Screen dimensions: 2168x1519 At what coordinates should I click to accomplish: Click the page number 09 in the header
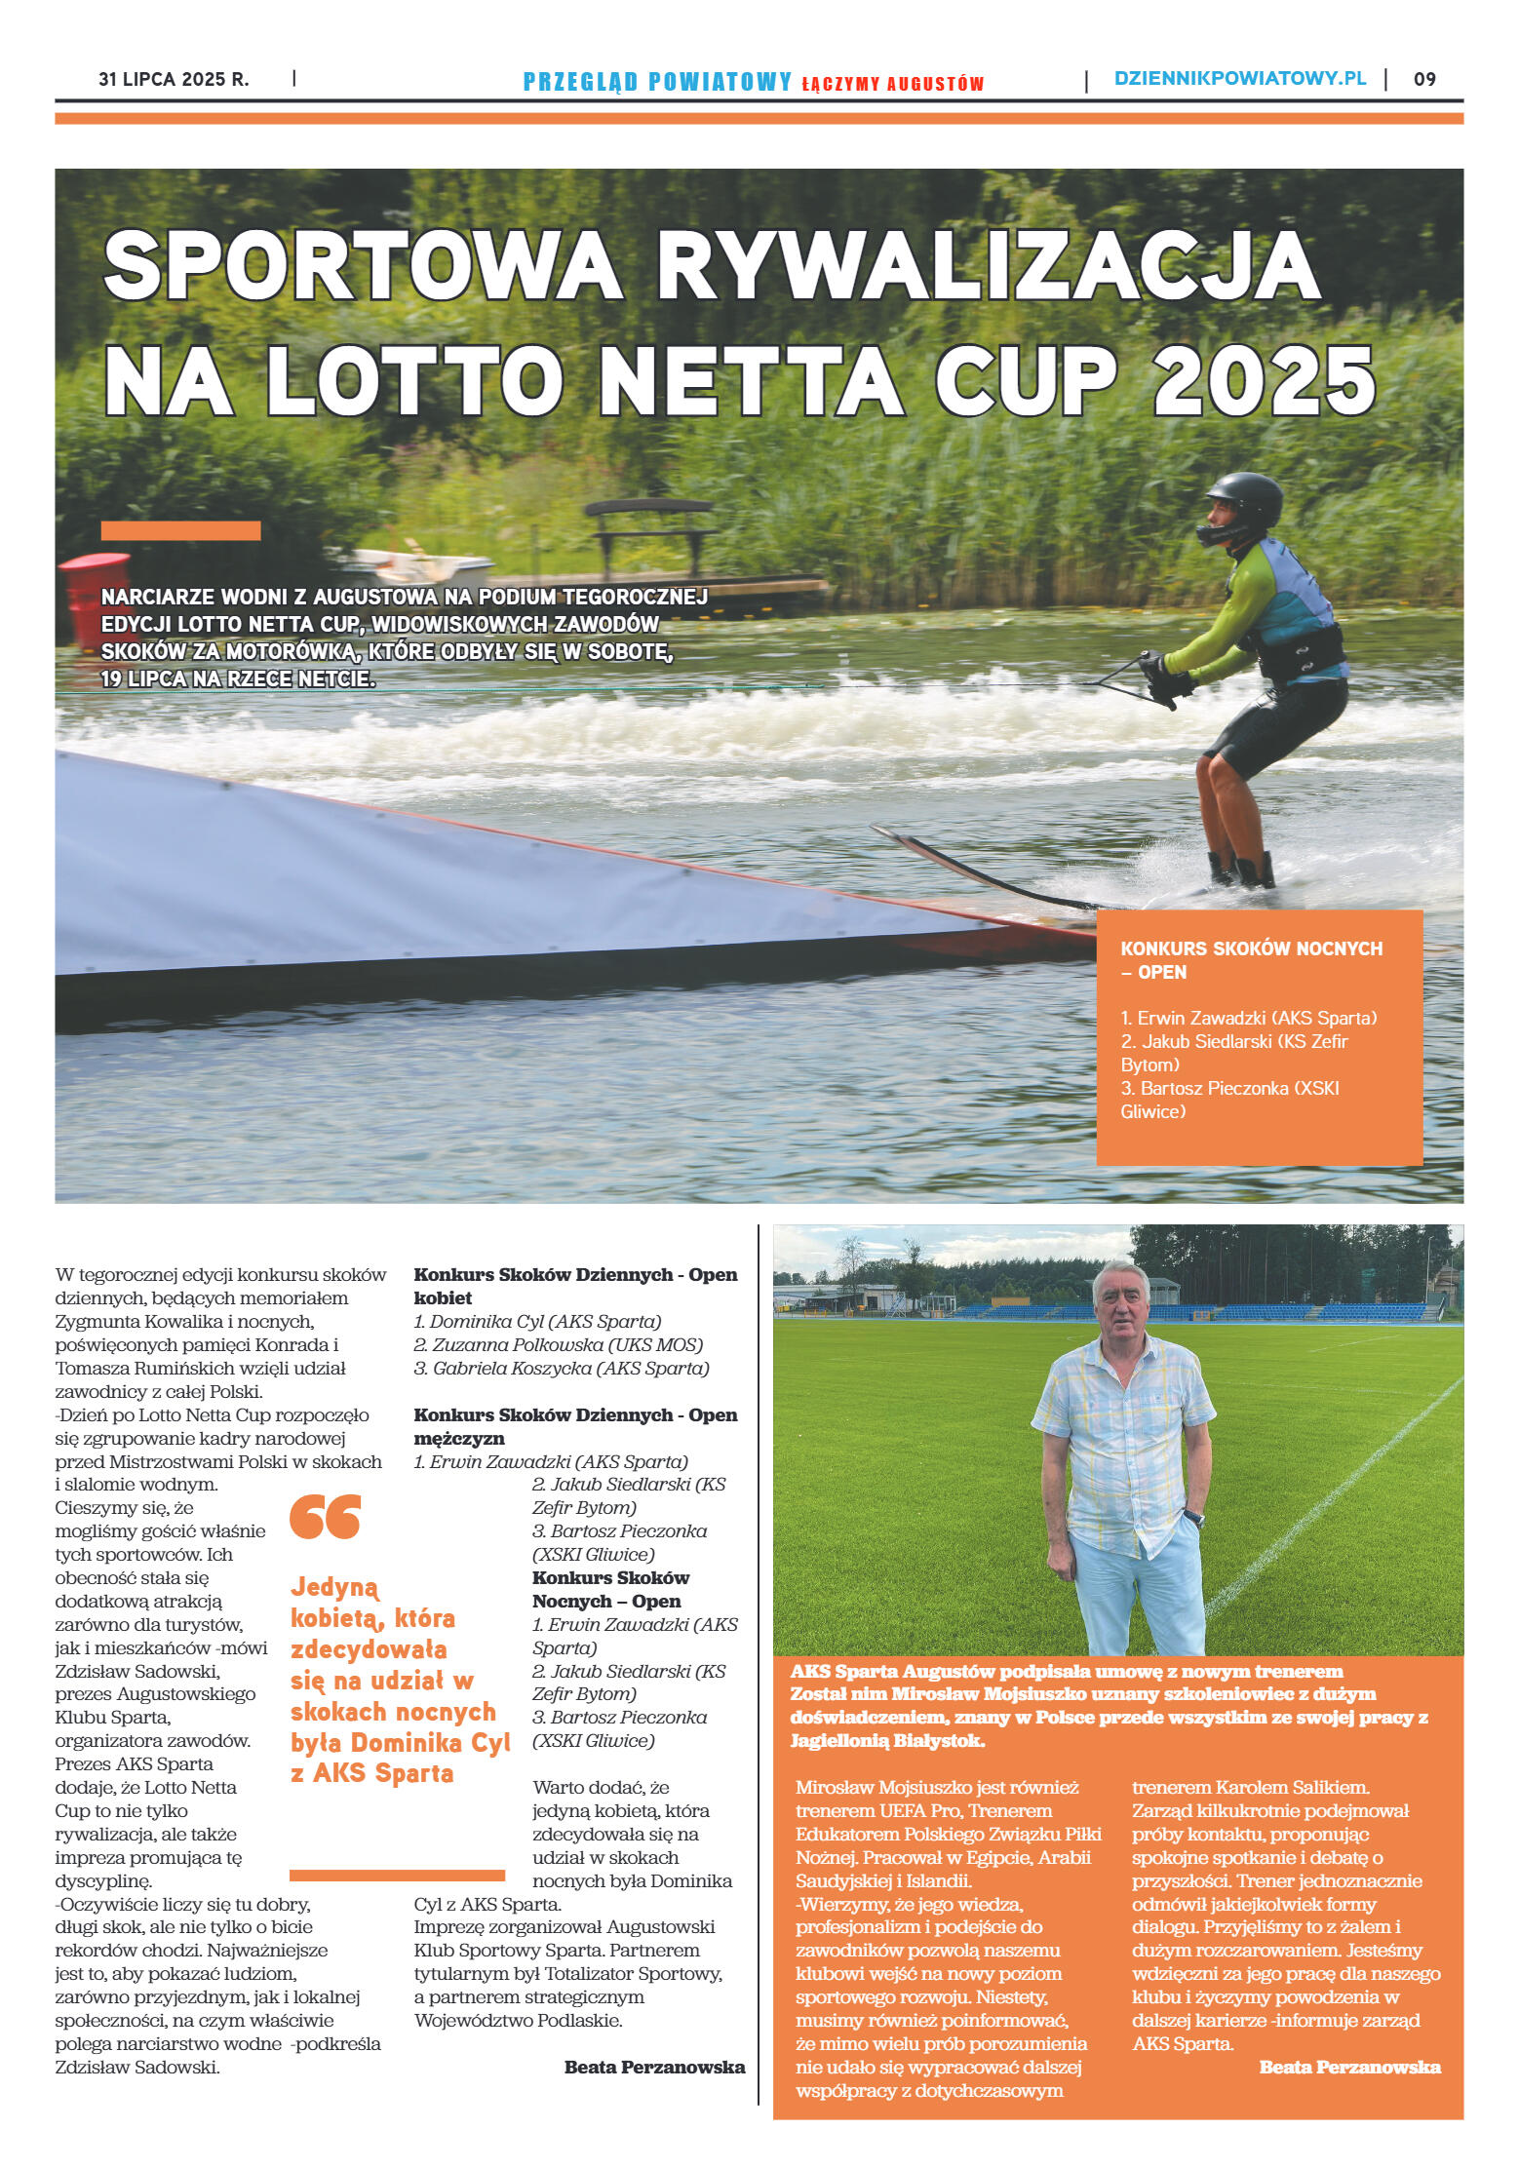point(1423,80)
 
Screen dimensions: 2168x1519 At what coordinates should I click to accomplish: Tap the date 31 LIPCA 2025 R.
point(174,80)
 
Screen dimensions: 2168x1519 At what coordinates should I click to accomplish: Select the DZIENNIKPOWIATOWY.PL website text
point(1239,79)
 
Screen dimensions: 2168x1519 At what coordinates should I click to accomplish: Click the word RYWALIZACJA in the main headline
point(989,266)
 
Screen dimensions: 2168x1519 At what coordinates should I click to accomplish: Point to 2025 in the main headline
point(1265,381)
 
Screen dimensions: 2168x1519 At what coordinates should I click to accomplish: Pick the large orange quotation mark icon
point(326,1517)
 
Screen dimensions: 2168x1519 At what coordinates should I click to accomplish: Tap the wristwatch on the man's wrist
point(1195,1518)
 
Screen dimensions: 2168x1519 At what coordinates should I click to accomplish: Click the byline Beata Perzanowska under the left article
point(654,2067)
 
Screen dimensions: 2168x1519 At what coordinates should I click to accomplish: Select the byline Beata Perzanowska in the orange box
point(1349,2067)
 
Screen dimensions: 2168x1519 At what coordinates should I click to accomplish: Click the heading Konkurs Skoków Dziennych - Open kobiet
point(575,1286)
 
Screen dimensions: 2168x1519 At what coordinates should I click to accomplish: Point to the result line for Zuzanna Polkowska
point(558,1344)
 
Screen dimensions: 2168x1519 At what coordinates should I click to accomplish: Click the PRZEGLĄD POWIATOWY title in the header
point(657,82)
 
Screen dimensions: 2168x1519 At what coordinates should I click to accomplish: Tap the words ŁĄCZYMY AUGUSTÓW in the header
point(892,84)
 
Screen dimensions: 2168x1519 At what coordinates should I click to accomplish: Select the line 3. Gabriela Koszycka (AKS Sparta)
point(561,1368)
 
